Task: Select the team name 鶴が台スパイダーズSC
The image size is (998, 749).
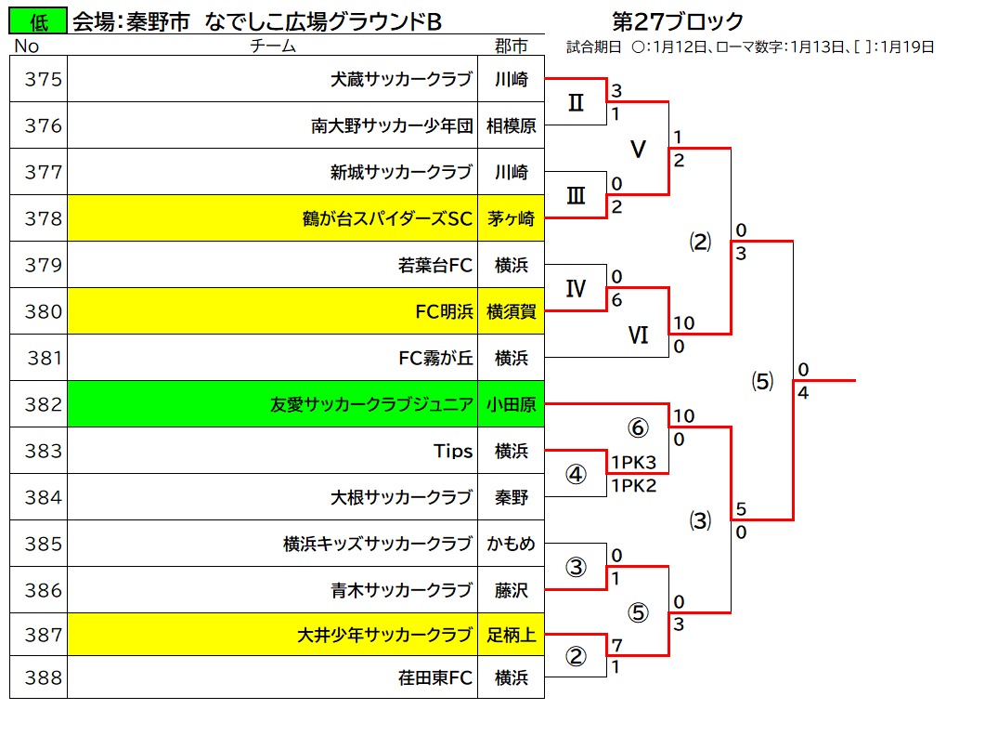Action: pos(388,218)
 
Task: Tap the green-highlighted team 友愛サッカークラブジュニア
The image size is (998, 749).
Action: pos(371,404)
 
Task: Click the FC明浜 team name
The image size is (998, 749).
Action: pos(445,311)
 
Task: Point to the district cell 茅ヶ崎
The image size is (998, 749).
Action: pos(512,218)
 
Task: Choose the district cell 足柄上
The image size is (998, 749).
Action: pos(512,635)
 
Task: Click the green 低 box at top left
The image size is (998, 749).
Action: pos(38,21)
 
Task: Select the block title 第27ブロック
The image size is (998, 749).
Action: pos(677,21)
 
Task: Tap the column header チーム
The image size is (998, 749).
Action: pos(273,46)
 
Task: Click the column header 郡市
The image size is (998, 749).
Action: pos(512,46)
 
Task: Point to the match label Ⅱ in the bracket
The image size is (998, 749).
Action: pos(576,102)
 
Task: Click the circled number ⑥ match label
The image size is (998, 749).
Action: pos(639,427)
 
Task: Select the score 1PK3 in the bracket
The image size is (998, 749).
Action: pos(633,462)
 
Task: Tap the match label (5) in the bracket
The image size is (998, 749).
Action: pos(762,381)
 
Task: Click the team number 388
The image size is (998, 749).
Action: pos(44,677)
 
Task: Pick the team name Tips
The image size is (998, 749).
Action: pos(453,451)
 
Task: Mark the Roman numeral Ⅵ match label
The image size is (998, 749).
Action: pos(639,335)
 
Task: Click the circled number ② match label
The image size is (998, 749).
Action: pos(576,655)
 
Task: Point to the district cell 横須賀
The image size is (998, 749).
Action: pos(512,311)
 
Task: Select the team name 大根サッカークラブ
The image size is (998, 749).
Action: pos(402,497)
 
